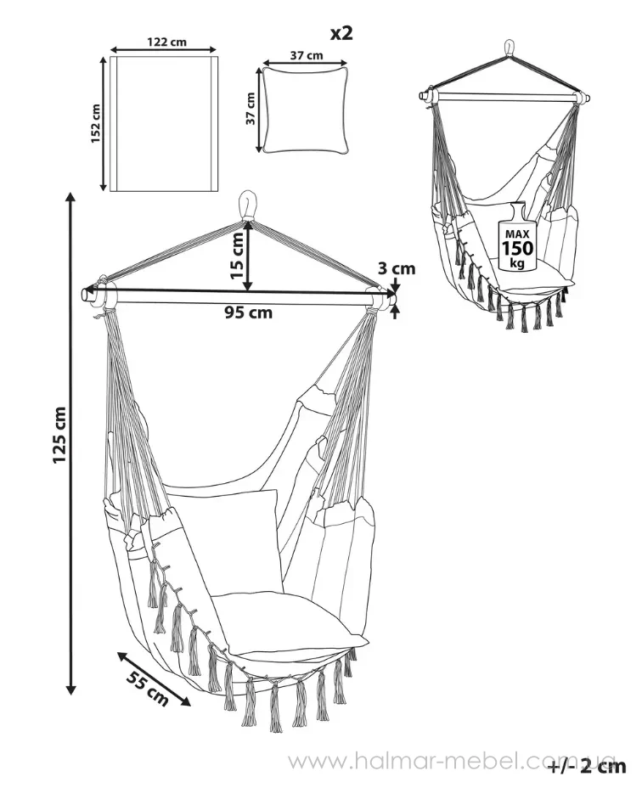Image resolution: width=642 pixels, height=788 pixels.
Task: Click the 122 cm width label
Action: (x=166, y=42)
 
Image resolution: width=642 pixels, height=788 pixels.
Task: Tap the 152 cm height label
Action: (x=95, y=123)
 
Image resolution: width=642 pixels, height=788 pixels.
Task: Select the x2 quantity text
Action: (x=341, y=33)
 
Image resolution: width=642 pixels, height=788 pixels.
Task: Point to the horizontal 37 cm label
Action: (x=307, y=55)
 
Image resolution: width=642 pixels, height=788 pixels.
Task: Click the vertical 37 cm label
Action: (x=250, y=109)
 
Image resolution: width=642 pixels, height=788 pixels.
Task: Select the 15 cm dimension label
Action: (x=239, y=256)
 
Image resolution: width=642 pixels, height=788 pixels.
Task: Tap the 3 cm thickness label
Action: (x=397, y=269)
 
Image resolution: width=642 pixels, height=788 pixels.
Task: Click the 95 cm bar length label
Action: (x=248, y=312)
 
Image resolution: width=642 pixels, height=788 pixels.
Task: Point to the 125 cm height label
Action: (x=59, y=436)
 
